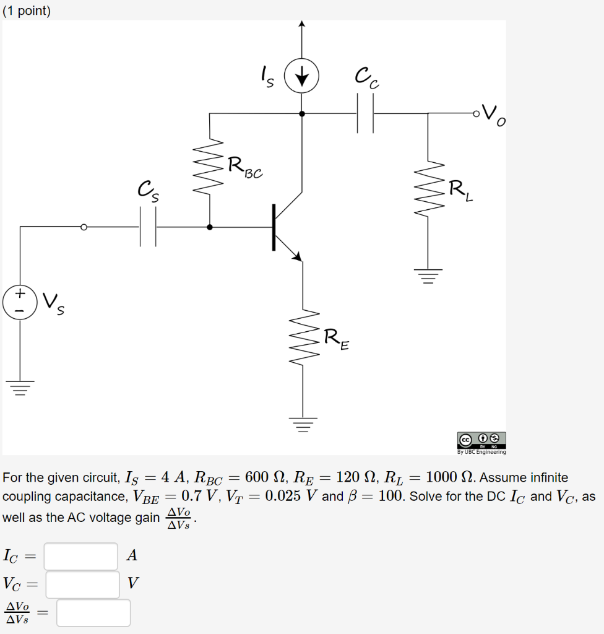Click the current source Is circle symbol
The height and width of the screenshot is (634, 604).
(301, 78)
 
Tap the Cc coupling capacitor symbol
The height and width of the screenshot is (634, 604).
(365, 114)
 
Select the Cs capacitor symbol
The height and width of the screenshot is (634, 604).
(147, 227)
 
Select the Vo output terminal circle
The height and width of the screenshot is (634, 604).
(475, 114)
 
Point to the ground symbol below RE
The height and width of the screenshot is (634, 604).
(303, 424)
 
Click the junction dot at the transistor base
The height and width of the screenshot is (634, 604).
(210, 227)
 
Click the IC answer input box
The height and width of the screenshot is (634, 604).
(80, 556)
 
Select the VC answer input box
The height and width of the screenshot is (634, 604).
(82, 584)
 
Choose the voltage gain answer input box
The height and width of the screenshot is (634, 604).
(93, 612)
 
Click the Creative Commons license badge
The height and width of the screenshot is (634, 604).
(481, 440)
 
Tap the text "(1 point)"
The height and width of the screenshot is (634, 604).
(27, 11)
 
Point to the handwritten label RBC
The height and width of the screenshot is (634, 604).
(244, 168)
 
